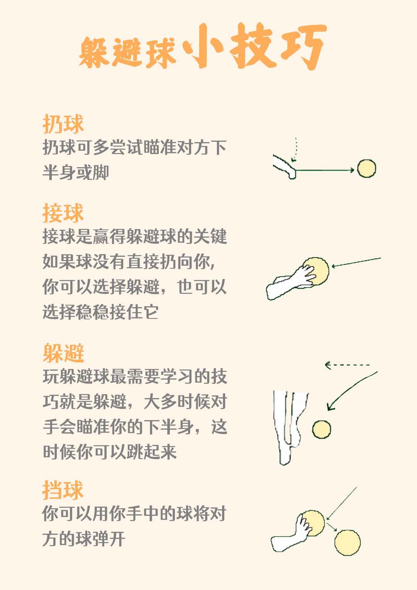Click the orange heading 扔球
point(63,124)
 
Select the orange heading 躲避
point(63,353)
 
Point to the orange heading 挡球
point(63,490)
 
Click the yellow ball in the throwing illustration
point(366,168)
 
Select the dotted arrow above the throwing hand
point(295,149)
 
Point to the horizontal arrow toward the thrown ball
point(325,170)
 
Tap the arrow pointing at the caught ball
point(356,263)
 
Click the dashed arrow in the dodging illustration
point(347,365)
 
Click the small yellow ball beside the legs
point(321,429)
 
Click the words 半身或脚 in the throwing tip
point(76,173)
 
